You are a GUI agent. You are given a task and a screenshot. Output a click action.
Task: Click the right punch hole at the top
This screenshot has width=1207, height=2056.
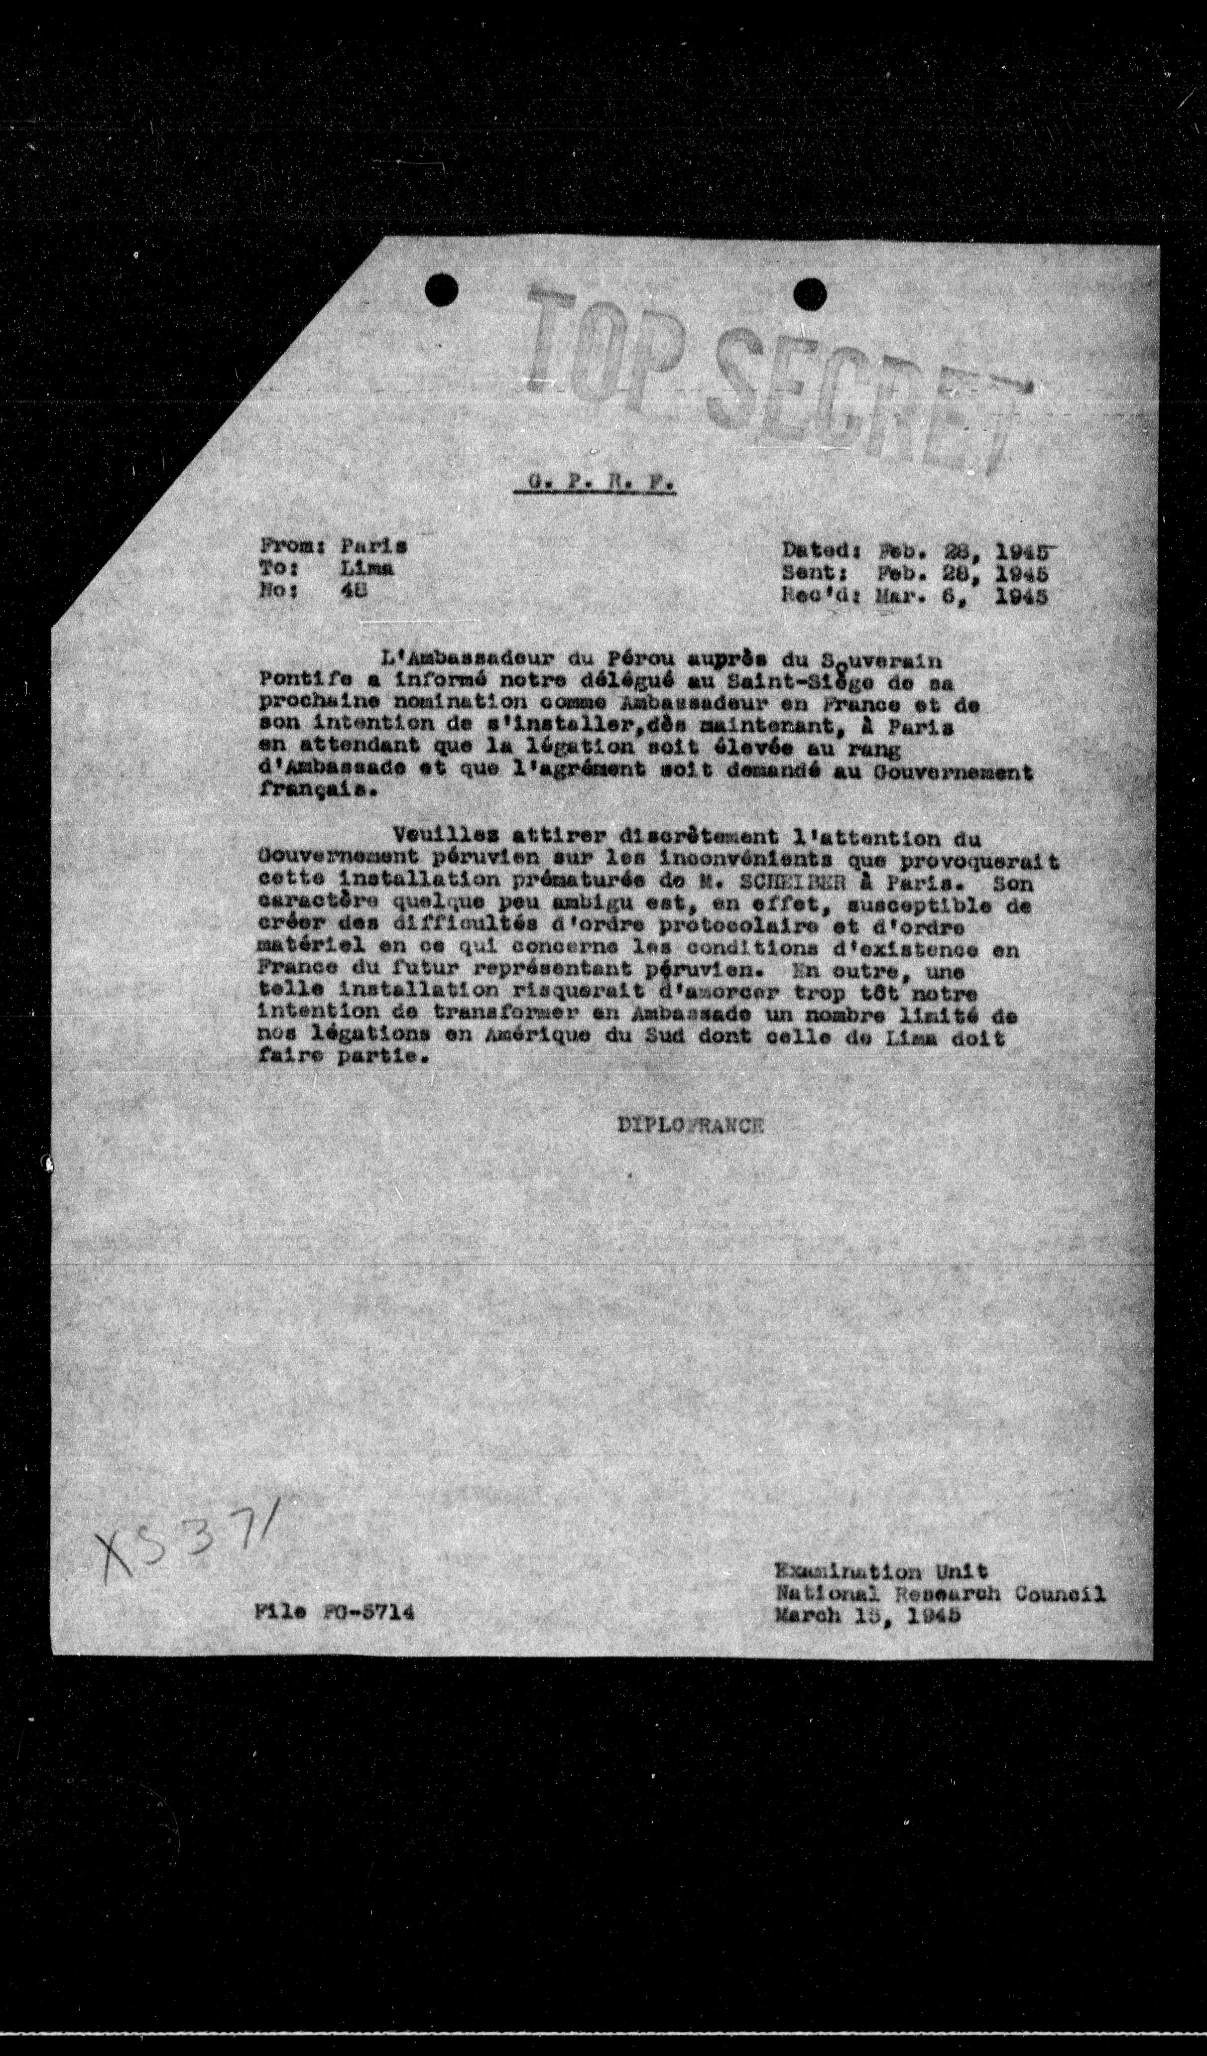[x=809, y=293]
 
